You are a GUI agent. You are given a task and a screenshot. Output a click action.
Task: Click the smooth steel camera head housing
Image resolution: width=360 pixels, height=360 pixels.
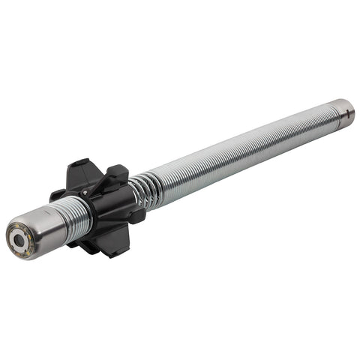click(45, 226)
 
